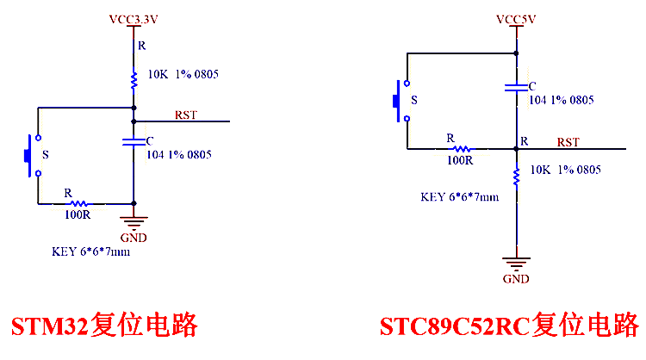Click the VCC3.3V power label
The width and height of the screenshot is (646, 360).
point(134,17)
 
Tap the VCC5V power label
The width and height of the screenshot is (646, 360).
point(517,17)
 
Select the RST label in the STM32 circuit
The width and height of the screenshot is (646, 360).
point(185,115)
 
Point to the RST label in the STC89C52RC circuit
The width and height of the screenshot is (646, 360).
point(568,142)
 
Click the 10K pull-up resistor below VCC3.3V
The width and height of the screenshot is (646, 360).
point(134,80)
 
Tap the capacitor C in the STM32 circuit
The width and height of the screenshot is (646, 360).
point(134,143)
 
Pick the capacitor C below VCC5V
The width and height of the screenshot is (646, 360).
point(516,87)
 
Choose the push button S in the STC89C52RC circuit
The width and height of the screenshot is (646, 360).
point(401,99)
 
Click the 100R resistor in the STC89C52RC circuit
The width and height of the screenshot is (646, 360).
point(458,149)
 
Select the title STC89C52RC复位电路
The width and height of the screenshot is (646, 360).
point(510,326)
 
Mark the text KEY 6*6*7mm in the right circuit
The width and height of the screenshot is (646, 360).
point(459,196)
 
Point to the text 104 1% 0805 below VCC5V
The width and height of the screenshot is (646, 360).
point(561,100)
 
